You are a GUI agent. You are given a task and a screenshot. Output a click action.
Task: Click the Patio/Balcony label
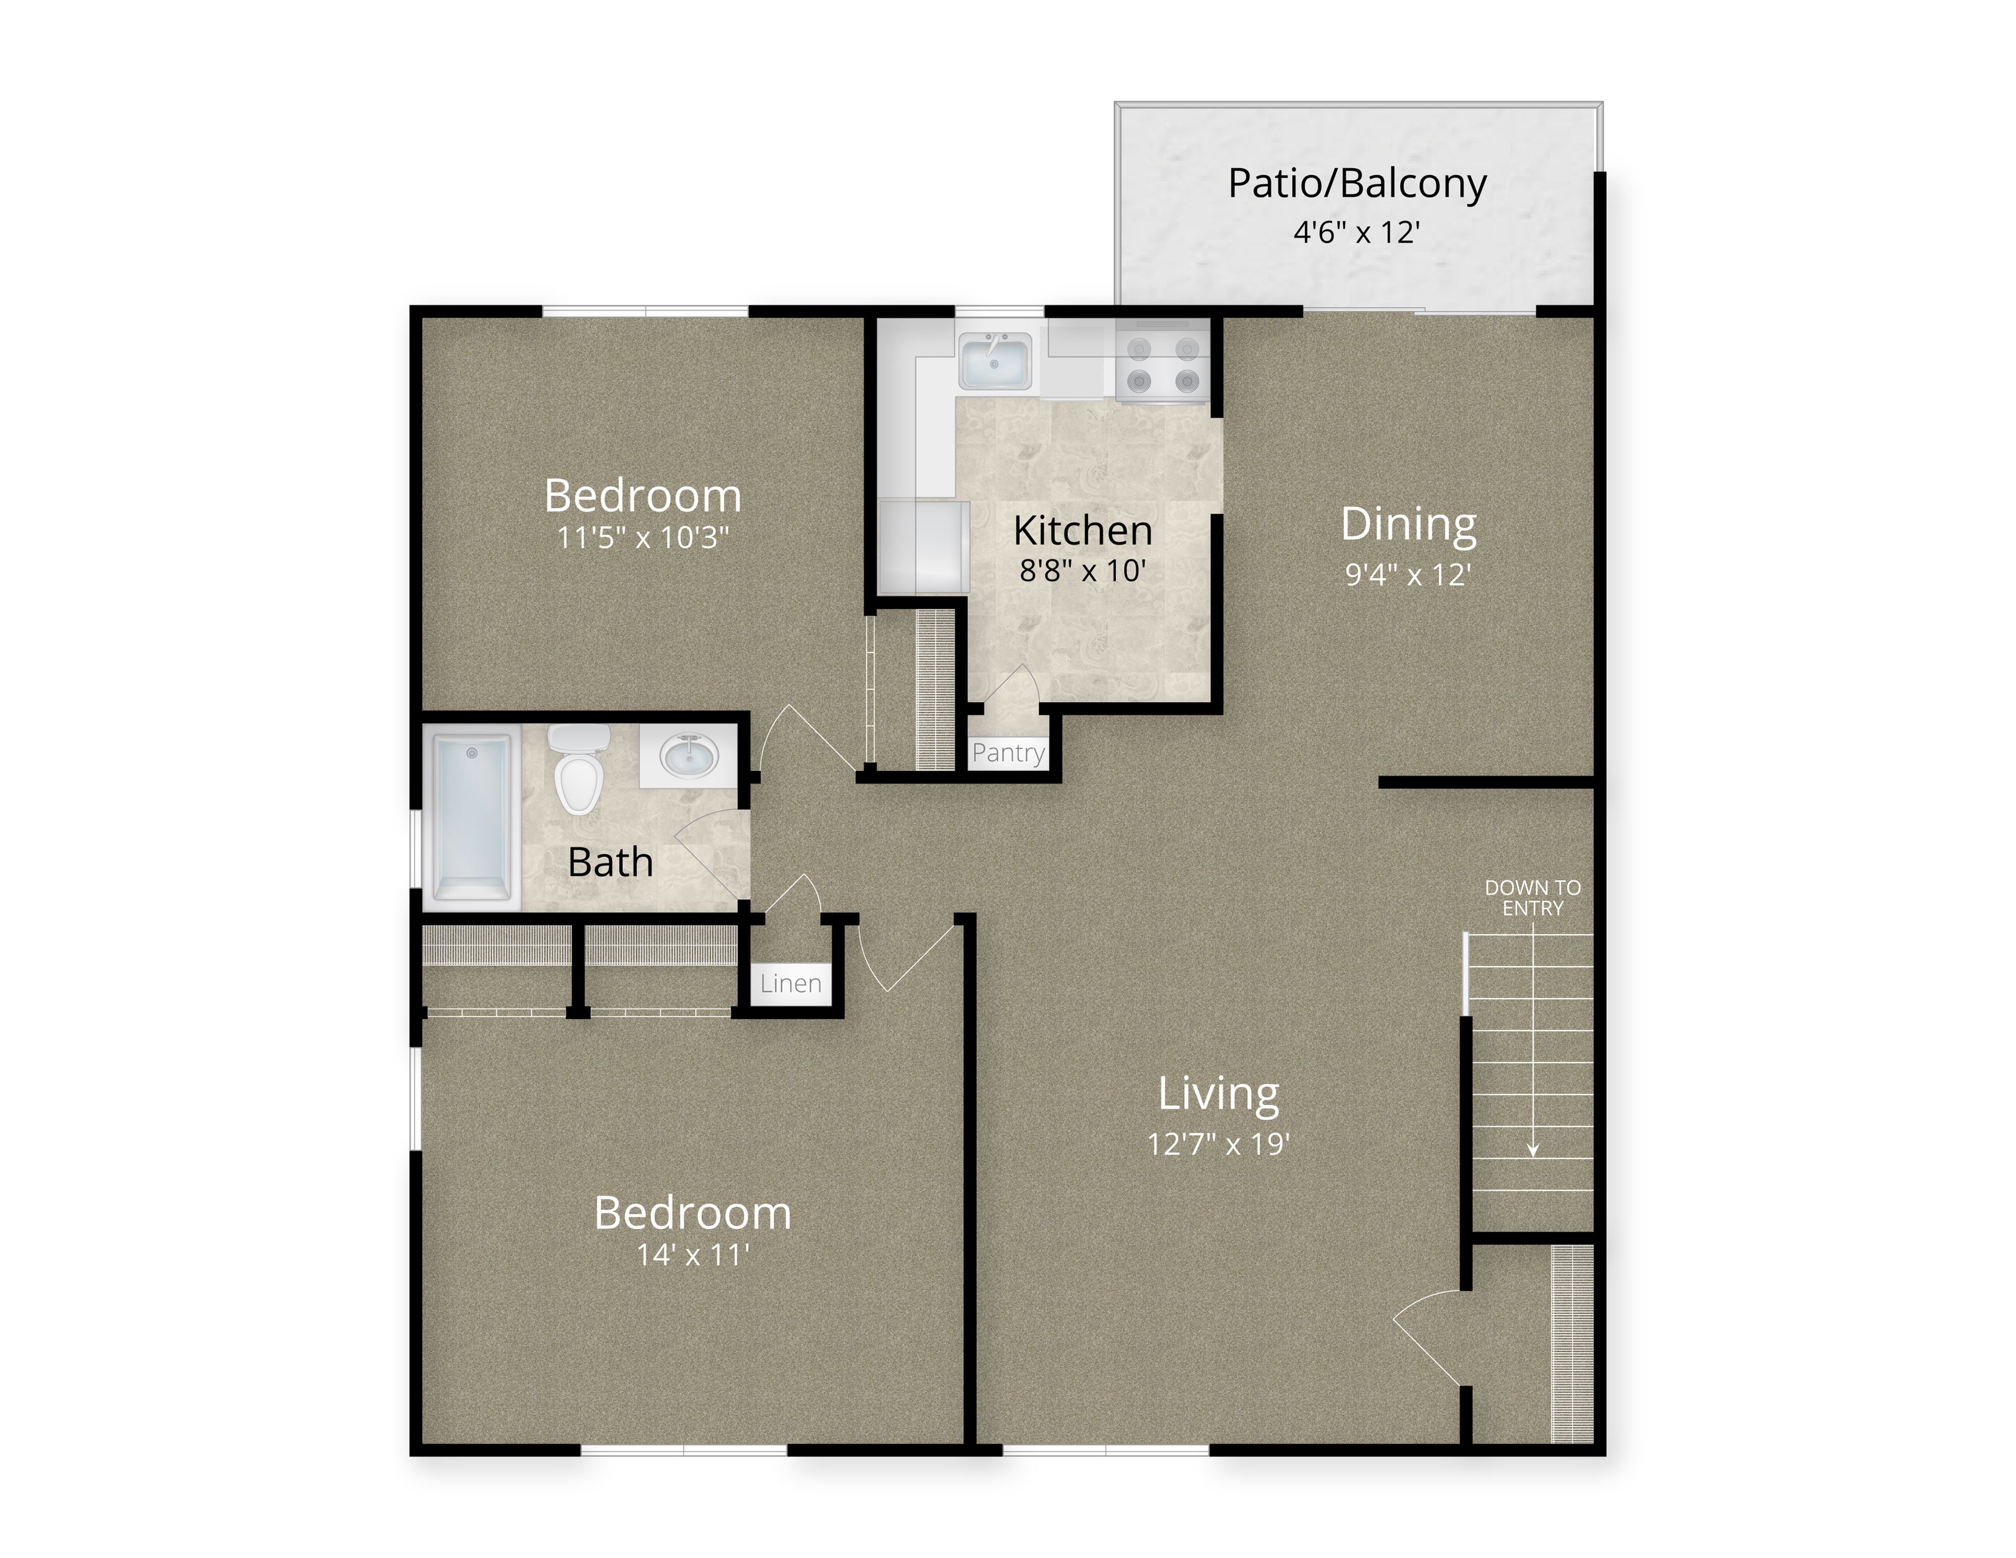[x=1357, y=184]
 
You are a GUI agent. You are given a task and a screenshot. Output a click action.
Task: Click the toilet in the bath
[x=579, y=768]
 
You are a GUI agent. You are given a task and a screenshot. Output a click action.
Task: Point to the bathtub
[x=472, y=817]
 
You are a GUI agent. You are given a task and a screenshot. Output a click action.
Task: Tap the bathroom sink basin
[x=689, y=757]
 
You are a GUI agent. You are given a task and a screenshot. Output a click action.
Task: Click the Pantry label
[x=1008, y=753]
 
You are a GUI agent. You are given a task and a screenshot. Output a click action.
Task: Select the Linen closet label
[x=791, y=984]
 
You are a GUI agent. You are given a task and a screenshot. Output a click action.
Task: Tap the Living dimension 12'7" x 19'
[x=1219, y=1144]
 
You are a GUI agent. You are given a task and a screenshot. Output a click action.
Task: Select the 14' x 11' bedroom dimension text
[x=693, y=1255]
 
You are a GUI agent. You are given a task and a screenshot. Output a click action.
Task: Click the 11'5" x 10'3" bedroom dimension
[x=644, y=537]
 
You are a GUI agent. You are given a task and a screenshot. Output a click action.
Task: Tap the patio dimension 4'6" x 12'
[x=1356, y=231]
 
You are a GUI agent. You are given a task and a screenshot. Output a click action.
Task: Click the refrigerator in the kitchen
[x=923, y=546]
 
